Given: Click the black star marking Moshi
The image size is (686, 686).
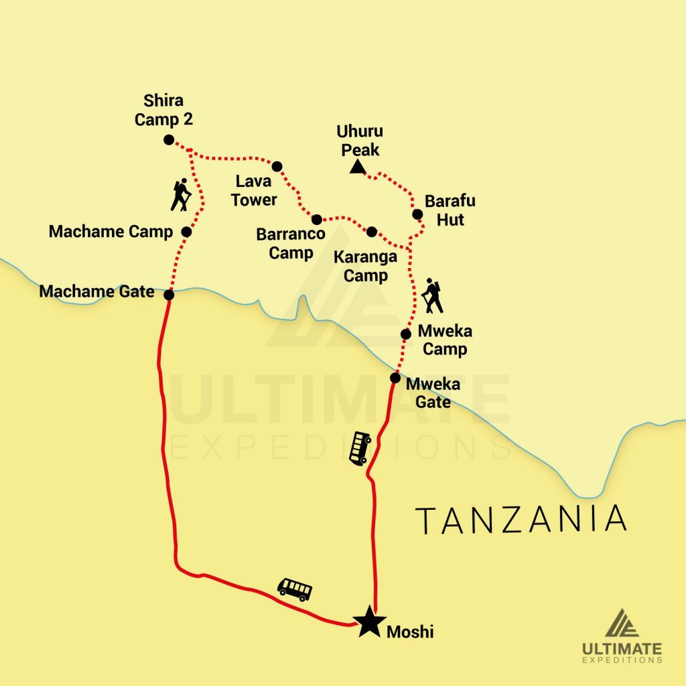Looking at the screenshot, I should pos(368,622).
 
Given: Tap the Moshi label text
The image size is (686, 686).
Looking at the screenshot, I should pos(410,631).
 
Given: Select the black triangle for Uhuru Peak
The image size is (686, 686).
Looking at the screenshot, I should pos(358,167).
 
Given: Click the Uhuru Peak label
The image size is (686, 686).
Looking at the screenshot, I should pos(360,140).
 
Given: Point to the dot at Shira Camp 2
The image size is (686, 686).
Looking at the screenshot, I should pos(169,140).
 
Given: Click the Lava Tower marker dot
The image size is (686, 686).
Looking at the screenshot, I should pos(277,166).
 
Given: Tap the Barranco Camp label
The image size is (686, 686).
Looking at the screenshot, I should pos(291,244).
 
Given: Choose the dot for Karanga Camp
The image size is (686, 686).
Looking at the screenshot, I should pos(372,232).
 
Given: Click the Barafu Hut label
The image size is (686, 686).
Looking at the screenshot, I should pos(450,210).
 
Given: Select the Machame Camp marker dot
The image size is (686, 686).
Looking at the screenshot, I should pos(187,232).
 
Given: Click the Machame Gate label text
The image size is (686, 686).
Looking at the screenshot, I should pos(96,292).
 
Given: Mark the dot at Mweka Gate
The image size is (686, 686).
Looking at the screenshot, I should pos(395,378).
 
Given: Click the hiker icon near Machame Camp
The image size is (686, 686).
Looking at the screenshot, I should pos(180,195).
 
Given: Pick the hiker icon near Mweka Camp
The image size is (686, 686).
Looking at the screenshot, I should pos(433,297).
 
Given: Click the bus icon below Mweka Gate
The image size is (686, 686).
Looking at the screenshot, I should pos(360,448).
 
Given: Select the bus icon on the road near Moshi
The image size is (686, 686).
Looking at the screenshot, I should pos(295,589).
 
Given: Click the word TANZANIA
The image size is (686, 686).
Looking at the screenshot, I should pos(521,521).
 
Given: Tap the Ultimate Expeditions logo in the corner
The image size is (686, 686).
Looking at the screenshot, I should pos(622,636).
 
